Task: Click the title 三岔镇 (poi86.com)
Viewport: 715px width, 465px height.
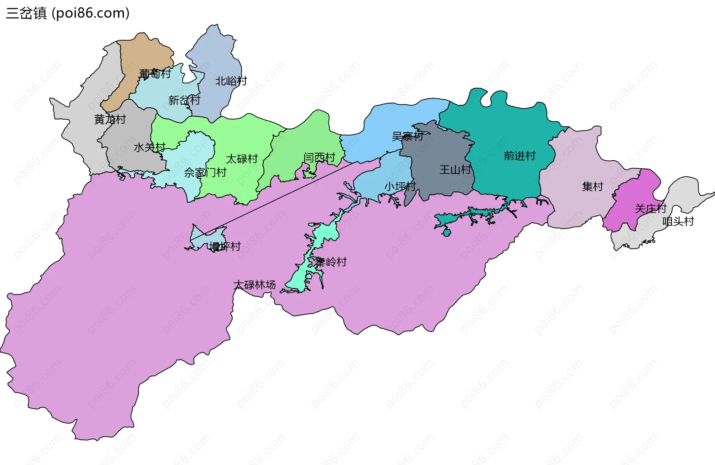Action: click(68, 13)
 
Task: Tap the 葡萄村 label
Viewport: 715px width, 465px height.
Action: click(155, 74)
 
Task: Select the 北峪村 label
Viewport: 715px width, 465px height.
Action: click(231, 81)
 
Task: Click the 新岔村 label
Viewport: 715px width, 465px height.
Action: click(184, 100)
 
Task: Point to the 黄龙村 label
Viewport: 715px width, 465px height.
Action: click(110, 119)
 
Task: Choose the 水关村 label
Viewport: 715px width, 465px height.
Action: click(149, 148)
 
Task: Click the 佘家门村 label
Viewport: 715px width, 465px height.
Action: click(205, 173)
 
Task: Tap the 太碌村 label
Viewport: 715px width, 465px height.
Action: click(242, 159)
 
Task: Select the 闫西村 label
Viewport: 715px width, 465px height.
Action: click(319, 158)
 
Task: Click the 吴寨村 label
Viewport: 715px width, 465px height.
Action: click(407, 136)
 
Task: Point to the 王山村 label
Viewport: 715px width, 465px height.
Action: click(455, 170)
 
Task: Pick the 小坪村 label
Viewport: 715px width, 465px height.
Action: click(400, 186)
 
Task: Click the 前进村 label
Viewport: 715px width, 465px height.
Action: click(519, 156)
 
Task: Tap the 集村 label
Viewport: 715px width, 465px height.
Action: click(592, 186)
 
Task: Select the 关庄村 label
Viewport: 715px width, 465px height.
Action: click(650, 209)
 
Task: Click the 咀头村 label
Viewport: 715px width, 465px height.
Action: click(678, 222)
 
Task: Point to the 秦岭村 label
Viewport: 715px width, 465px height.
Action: click(331, 262)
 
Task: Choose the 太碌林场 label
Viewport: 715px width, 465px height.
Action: click(254, 285)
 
